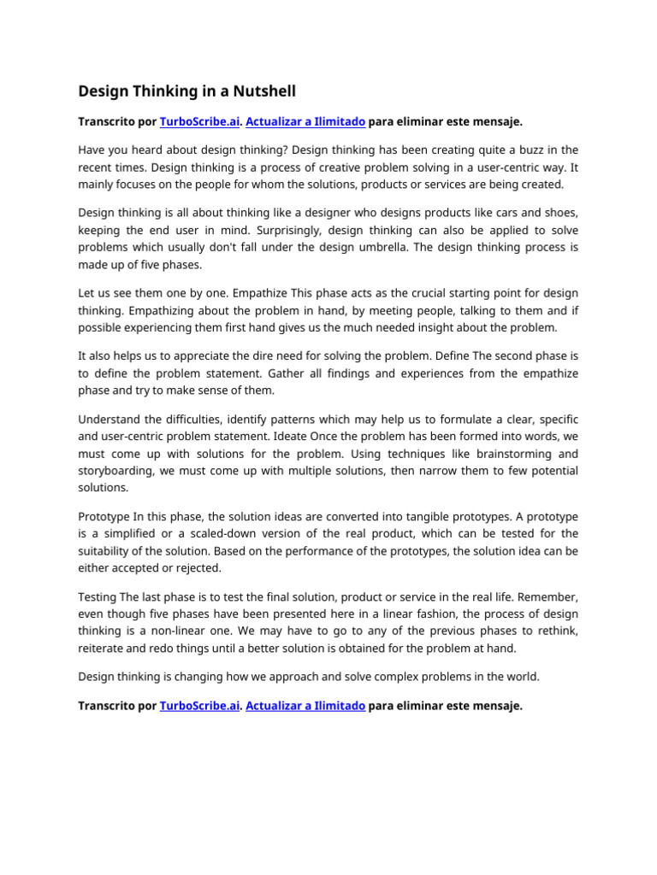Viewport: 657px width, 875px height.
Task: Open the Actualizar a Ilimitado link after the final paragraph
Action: [x=305, y=706]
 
